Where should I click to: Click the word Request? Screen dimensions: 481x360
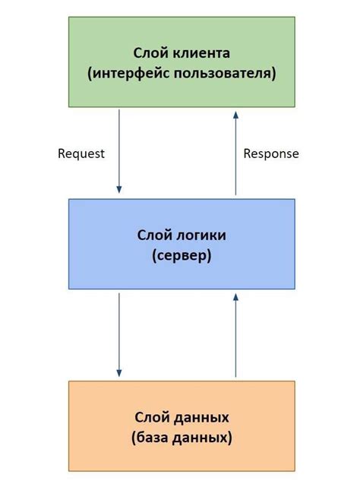click(81, 153)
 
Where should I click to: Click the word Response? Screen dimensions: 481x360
click(271, 153)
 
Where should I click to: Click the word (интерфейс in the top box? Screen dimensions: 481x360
click(128, 74)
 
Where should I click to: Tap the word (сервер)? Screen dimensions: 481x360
click(181, 256)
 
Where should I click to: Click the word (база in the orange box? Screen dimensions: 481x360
click(150, 438)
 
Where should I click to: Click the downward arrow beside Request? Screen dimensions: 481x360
click(119, 152)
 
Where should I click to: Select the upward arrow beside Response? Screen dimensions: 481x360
click(236, 152)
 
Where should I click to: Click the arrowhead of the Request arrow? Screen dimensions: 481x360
click(119, 190)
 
